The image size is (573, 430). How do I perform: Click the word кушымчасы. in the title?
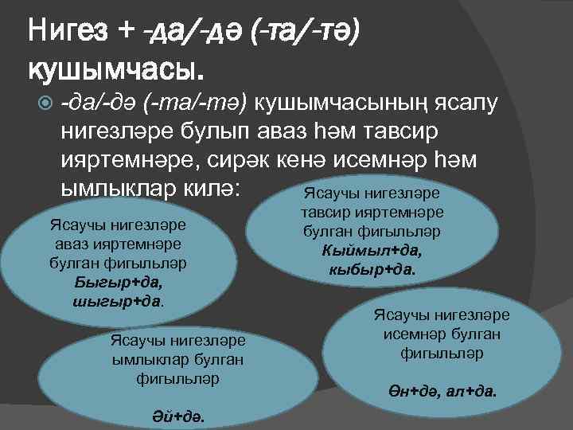pos(116,69)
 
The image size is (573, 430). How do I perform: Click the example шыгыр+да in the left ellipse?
pos(115,301)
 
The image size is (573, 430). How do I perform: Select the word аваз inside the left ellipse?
pos(72,243)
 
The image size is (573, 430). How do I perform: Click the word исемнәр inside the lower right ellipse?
pos(415,334)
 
